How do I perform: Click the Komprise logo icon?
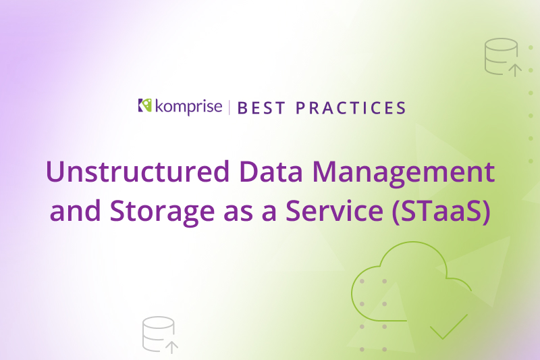coord(143,105)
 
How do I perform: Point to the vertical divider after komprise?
coord(230,107)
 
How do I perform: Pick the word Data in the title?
coord(266,172)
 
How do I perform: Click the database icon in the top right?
coord(501,55)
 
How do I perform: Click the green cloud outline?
coord(405,284)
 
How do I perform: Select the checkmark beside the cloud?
coord(449,326)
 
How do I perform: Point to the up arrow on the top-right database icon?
coord(515,69)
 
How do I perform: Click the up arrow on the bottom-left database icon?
coord(172,347)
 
